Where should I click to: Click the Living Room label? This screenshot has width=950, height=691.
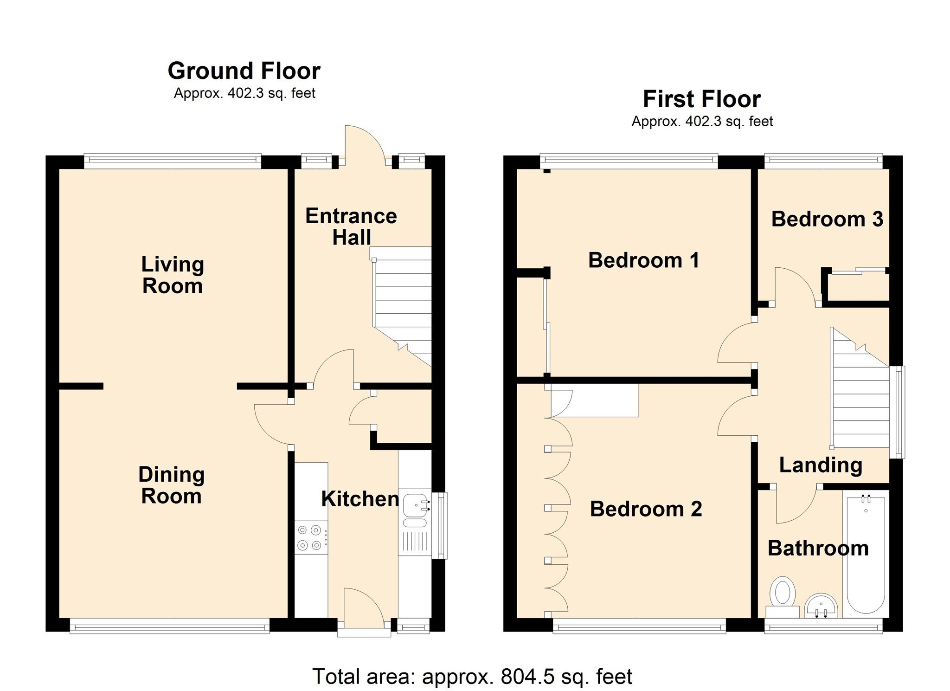point(173,275)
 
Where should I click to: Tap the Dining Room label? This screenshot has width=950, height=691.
point(172,485)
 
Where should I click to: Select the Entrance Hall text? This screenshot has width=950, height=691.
point(351,226)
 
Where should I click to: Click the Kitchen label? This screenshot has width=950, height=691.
point(360,499)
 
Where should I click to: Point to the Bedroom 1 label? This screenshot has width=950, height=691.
point(644,260)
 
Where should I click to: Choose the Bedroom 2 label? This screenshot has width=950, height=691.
point(646,509)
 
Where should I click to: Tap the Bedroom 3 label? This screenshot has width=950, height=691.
point(827,219)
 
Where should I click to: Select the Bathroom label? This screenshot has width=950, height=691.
point(818,549)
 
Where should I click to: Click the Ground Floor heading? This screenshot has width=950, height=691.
point(244,71)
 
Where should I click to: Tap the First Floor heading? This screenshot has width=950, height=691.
point(702,99)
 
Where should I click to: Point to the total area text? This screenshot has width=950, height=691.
point(472,677)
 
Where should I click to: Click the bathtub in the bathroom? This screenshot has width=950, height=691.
point(866,555)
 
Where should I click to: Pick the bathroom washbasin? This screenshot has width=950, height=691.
point(821,607)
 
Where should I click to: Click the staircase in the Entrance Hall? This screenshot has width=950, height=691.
point(402,306)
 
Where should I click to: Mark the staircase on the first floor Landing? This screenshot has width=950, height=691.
point(860,388)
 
